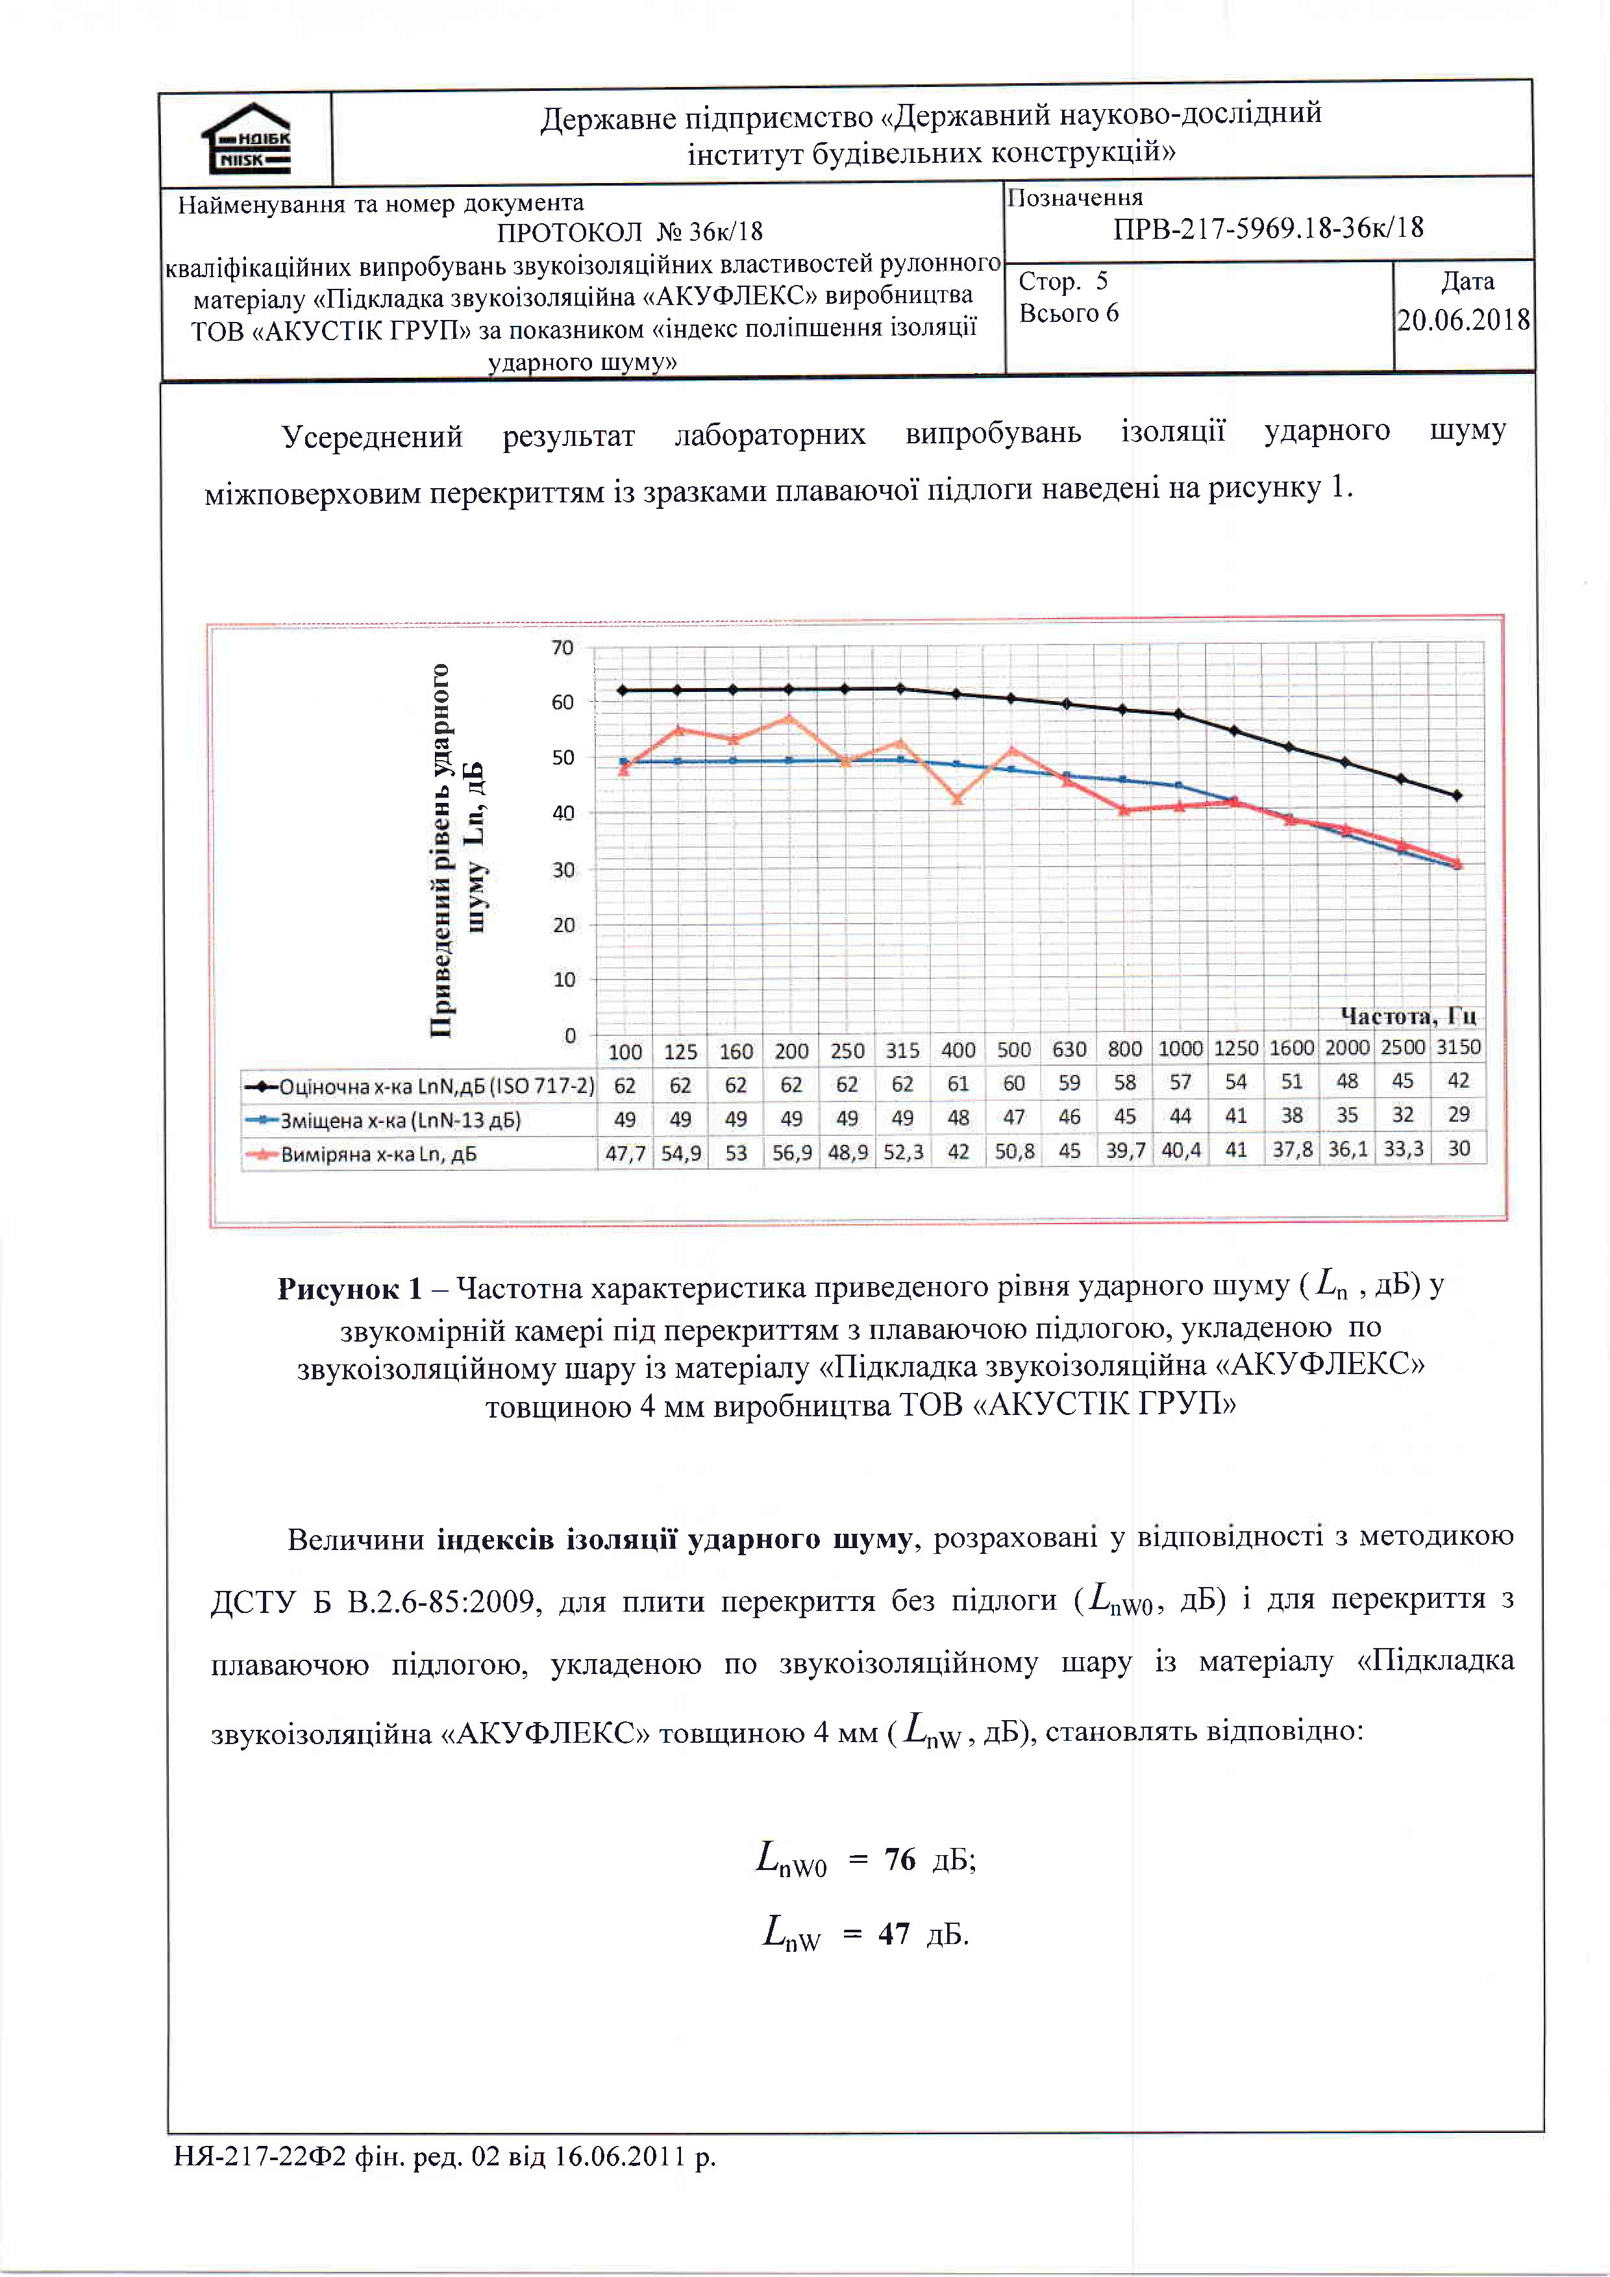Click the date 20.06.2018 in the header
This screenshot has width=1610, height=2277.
(x=1463, y=319)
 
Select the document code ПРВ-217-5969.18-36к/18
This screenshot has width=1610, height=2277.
(x=1268, y=228)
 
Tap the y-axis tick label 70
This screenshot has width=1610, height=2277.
(x=562, y=648)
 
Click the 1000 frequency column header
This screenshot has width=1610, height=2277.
(x=1180, y=1048)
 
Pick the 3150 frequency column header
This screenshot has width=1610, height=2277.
(x=1458, y=1047)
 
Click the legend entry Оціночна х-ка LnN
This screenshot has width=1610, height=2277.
(x=419, y=1086)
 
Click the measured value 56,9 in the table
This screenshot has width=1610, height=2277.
(x=791, y=1153)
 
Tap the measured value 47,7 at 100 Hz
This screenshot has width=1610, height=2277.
(x=625, y=1153)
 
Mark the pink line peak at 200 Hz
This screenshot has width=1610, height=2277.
(x=789, y=717)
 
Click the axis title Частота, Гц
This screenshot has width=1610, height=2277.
(x=1407, y=1016)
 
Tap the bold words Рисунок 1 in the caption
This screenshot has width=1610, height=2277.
(x=350, y=1289)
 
